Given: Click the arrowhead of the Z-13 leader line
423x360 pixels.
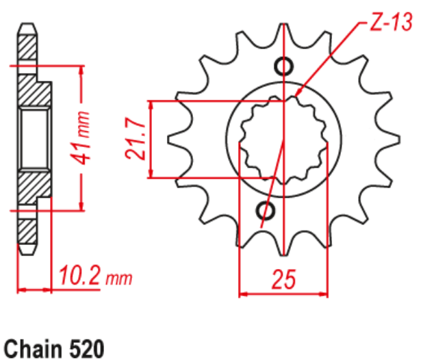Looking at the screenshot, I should coord(300,92).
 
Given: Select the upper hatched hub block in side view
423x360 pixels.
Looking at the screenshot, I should coord(33,89).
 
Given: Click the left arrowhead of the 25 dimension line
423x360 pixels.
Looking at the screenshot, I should coord(242,294).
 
